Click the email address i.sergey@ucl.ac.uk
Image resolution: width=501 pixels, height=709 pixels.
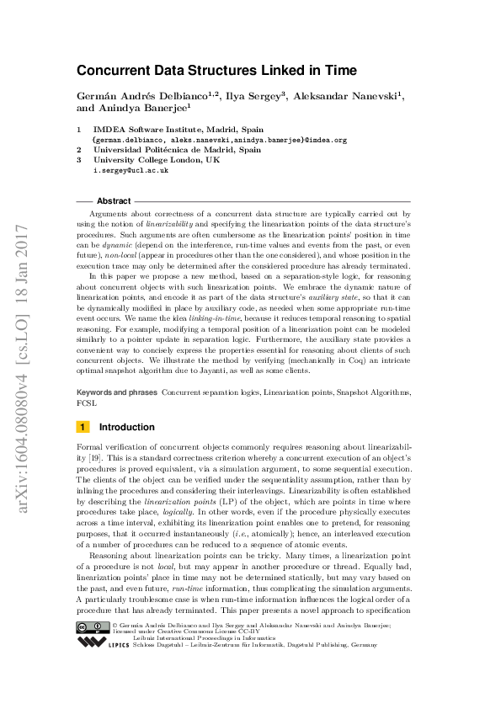pyautogui.click(x=131, y=169)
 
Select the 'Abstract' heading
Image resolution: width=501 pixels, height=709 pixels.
pyautogui.click(x=114, y=201)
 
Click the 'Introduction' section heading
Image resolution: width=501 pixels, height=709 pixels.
pyautogui.click(x=127, y=427)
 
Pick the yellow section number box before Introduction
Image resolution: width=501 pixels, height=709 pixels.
pyautogui.click(x=83, y=427)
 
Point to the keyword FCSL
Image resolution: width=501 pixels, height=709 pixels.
pyautogui.click(x=85, y=402)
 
